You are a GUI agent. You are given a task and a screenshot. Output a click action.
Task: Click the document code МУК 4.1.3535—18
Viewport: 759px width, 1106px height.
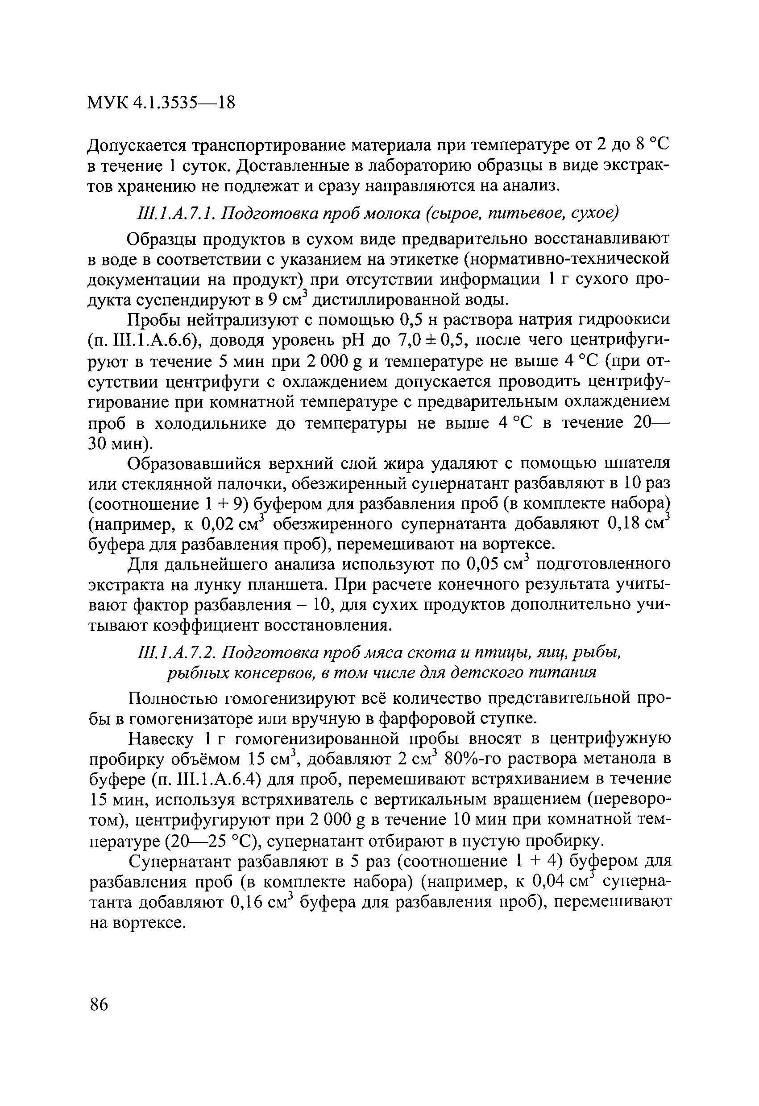coord(161,103)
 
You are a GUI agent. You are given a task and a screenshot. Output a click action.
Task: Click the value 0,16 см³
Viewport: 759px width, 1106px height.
coord(261,903)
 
